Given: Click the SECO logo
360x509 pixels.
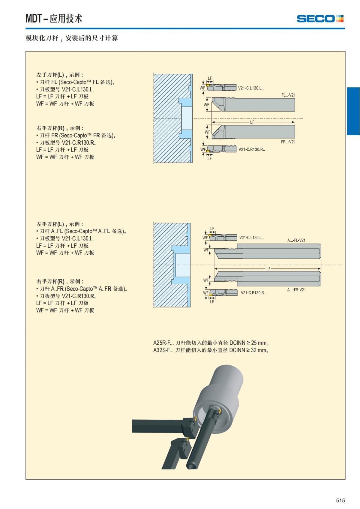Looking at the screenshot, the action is (x=320, y=19).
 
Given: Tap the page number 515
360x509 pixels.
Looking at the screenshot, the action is (x=340, y=500).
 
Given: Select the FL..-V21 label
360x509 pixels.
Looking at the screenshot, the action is (x=288, y=95).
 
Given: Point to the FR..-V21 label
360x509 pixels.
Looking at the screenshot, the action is (x=288, y=142).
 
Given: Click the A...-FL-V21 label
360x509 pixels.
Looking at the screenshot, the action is (x=296, y=240).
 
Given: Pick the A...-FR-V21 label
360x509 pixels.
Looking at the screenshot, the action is (x=296, y=290).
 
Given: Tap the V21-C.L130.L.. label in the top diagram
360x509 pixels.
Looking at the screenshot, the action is (x=251, y=88).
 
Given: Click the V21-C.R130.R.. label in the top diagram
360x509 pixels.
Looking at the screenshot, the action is (x=252, y=149).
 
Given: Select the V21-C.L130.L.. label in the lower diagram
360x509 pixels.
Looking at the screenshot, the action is (x=251, y=238).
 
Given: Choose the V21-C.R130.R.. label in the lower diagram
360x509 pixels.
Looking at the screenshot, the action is (x=253, y=293).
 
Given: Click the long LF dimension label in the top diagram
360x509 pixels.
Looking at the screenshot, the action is (x=252, y=122).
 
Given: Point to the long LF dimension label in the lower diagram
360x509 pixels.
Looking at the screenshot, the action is (x=268, y=269).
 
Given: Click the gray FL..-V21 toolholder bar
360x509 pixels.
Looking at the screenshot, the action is (x=260, y=104).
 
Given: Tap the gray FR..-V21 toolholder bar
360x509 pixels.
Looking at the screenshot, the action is (x=260, y=132).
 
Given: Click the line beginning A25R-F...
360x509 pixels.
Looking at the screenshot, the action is (x=211, y=343).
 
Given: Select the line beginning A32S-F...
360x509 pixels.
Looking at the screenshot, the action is (x=211, y=350).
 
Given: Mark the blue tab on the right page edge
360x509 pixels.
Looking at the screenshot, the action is (x=353, y=111).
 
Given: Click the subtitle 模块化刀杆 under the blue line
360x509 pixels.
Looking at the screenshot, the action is (x=72, y=38).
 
